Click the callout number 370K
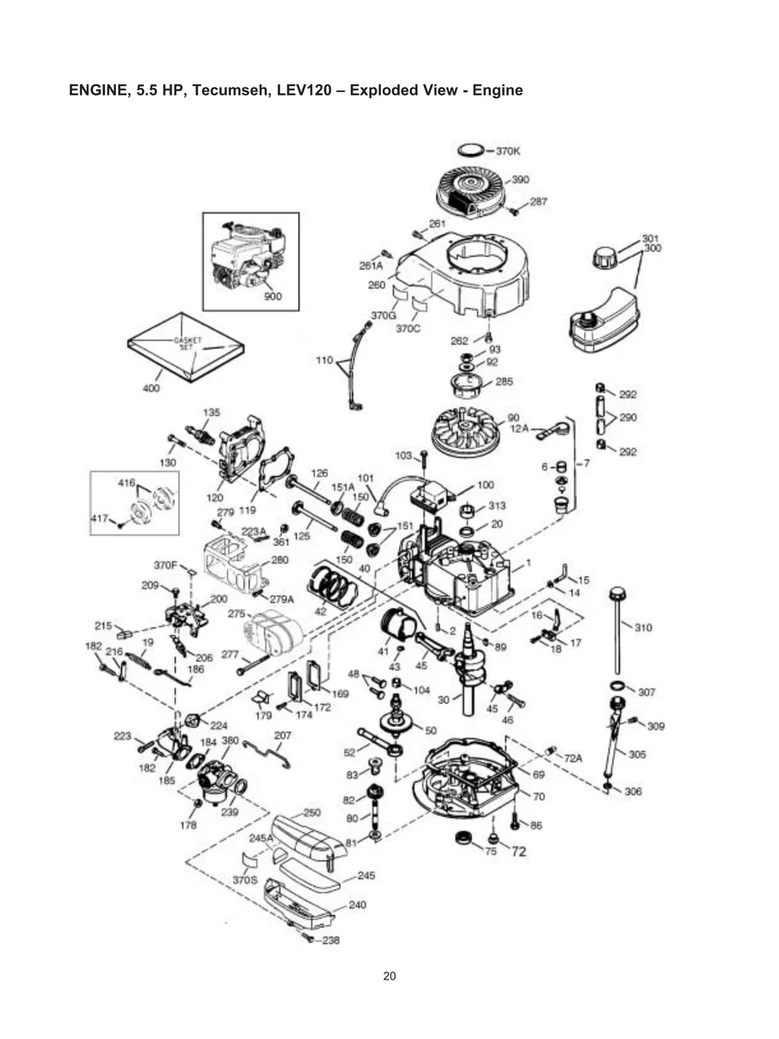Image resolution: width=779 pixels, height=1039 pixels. (508, 151)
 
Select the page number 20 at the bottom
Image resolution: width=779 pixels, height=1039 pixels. (389, 975)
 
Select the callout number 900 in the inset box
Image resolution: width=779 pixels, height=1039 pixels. (273, 297)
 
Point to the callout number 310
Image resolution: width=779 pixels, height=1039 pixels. (642, 627)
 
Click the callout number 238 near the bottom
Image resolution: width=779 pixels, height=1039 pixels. (329, 940)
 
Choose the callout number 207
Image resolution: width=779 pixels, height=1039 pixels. (282, 735)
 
